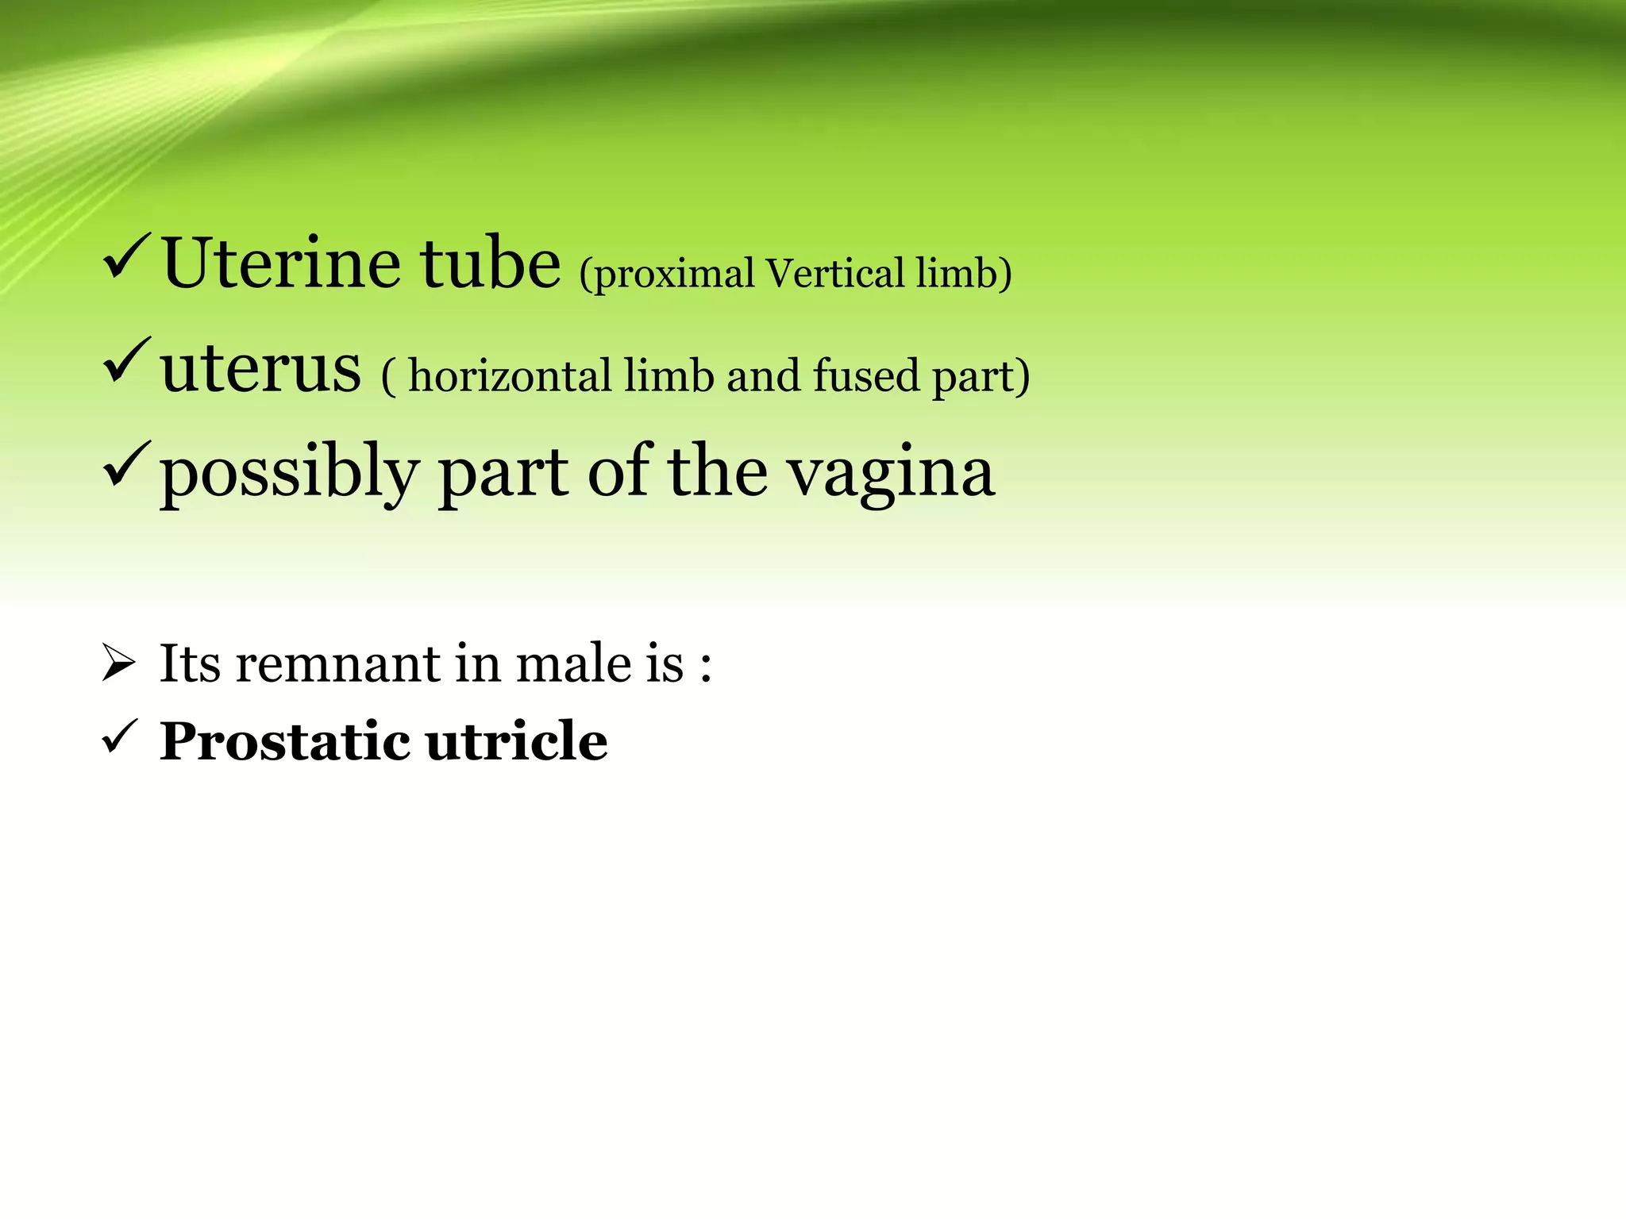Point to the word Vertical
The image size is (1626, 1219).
pyautogui.click(x=834, y=273)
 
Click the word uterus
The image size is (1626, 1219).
pyautogui.click(x=260, y=370)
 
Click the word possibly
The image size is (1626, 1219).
pyautogui.click(x=289, y=475)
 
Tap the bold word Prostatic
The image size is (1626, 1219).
pyautogui.click(x=285, y=742)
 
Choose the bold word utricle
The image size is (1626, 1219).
pyautogui.click(x=517, y=741)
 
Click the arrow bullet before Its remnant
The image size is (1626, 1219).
pyautogui.click(x=119, y=663)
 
